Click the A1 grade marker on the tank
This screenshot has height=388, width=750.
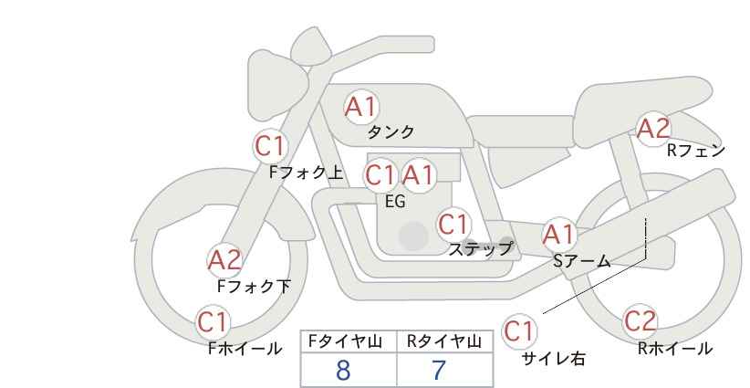pyautogui.click(x=361, y=107)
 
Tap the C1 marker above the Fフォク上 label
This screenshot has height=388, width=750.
pyautogui.click(x=270, y=145)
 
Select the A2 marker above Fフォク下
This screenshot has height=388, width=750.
pyautogui.click(x=225, y=261)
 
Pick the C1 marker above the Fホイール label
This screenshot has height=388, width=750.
pyautogui.click(x=213, y=322)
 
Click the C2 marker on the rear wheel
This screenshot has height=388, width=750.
pyautogui.click(x=641, y=321)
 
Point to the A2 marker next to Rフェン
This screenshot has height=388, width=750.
pyautogui.click(x=654, y=128)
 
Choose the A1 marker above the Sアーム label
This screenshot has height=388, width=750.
pyautogui.click(x=558, y=235)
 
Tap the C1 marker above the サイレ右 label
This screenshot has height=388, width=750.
pyautogui.click(x=519, y=330)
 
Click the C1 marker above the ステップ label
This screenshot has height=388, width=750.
pyautogui.click(x=453, y=224)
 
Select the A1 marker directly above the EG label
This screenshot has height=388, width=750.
pyautogui.click(x=418, y=175)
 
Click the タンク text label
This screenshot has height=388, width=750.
pyautogui.click(x=391, y=131)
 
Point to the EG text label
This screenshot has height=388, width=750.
pyautogui.click(x=395, y=202)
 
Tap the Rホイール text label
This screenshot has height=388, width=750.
pyautogui.click(x=675, y=349)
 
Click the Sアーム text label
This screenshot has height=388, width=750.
pyautogui.click(x=582, y=260)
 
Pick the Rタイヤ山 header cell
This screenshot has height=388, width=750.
pyautogui.click(x=445, y=341)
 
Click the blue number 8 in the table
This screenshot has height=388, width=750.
pyautogui.click(x=343, y=371)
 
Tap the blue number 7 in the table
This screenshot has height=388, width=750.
pyautogui.click(x=439, y=371)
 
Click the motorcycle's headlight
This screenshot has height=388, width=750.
pyautogui.click(x=276, y=86)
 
